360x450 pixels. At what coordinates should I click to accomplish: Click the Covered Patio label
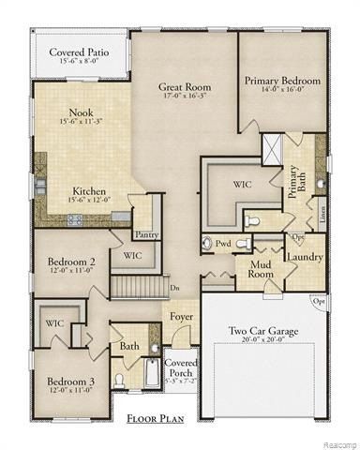79,52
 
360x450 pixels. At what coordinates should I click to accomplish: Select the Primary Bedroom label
282,81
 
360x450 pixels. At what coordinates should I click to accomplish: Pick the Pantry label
146,234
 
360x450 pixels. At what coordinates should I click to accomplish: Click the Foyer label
181,316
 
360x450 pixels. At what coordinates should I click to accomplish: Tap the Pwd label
223,243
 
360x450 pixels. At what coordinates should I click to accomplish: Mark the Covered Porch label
181,367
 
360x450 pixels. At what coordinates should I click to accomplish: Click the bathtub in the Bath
154,379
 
